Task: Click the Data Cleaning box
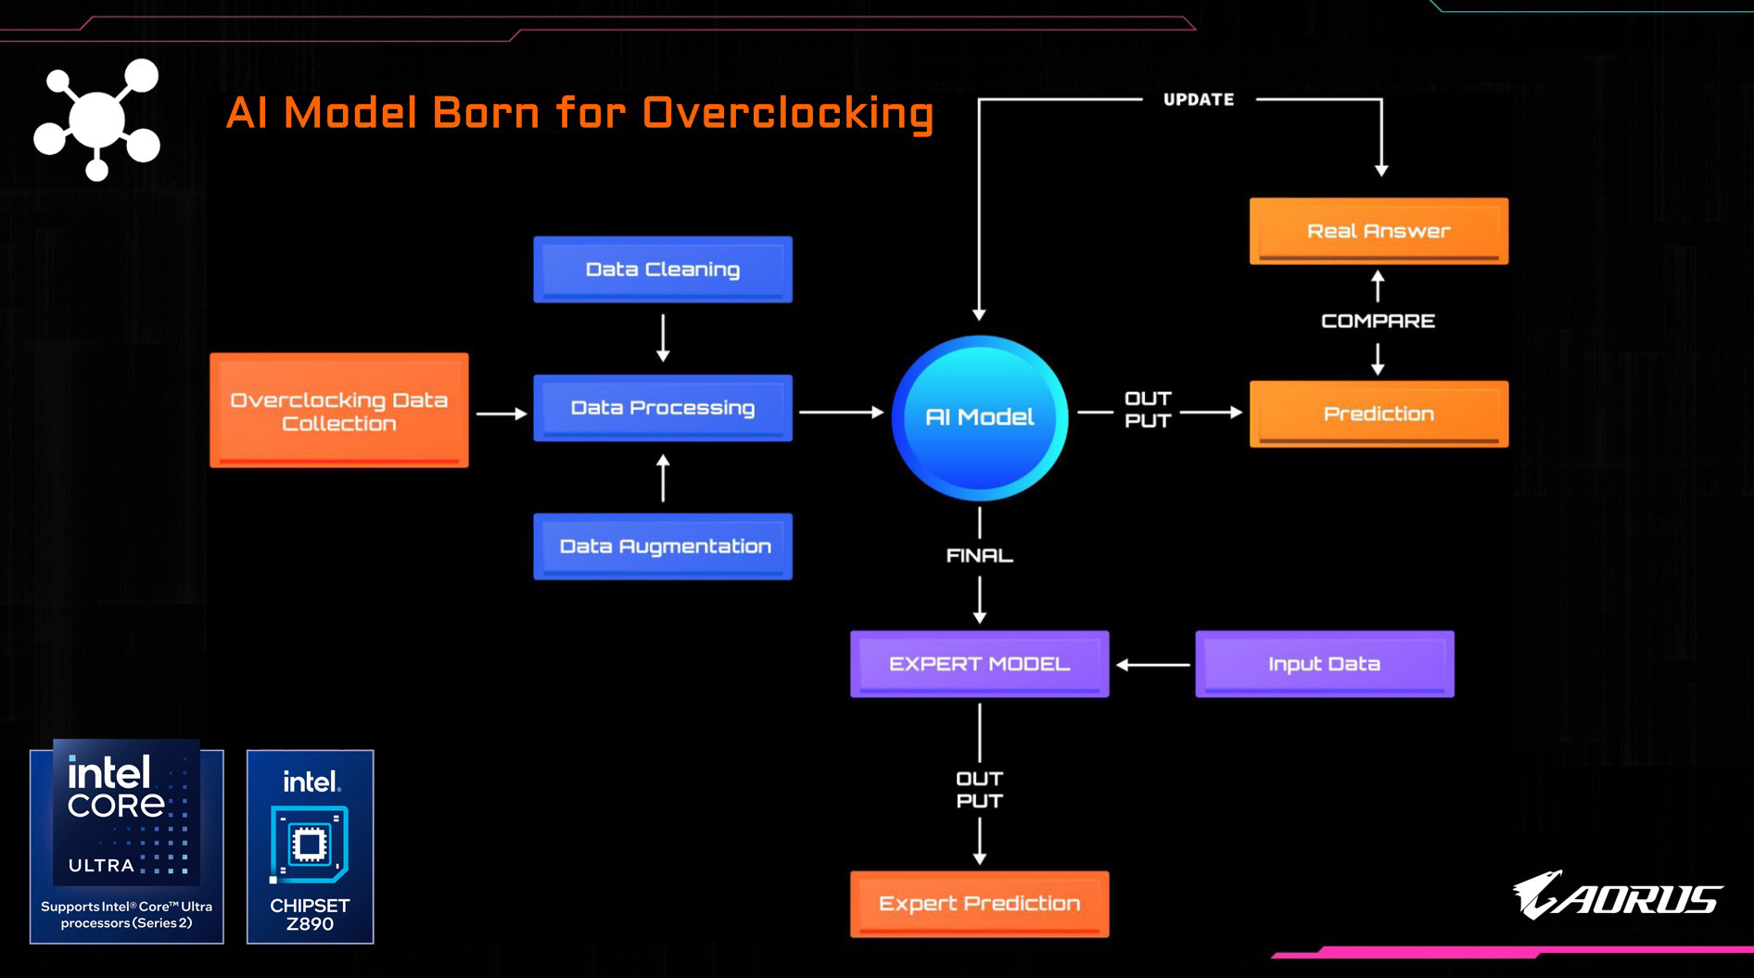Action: click(x=663, y=269)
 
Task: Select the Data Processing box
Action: click(x=663, y=408)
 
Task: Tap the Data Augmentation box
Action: click(x=663, y=546)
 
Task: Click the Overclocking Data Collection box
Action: click(x=339, y=411)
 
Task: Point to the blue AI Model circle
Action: click(x=980, y=417)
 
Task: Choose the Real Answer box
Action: click(x=1379, y=231)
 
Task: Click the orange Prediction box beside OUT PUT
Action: click(x=1379, y=413)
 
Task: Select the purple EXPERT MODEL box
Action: click(x=979, y=664)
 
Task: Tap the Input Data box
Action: click(x=1324, y=664)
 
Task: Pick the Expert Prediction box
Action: click(x=979, y=903)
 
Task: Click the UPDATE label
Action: click(x=1199, y=100)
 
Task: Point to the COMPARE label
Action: click(x=1378, y=321)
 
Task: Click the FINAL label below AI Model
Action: click(x=979, y=555)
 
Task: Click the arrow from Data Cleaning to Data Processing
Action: click(x=663, y=337)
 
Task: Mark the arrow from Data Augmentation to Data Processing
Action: click(x=663, y=477)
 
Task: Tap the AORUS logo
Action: click(x=1618, y=895)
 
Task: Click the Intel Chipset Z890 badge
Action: click(x=310, y=846)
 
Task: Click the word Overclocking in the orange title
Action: click(x=787, y=113)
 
